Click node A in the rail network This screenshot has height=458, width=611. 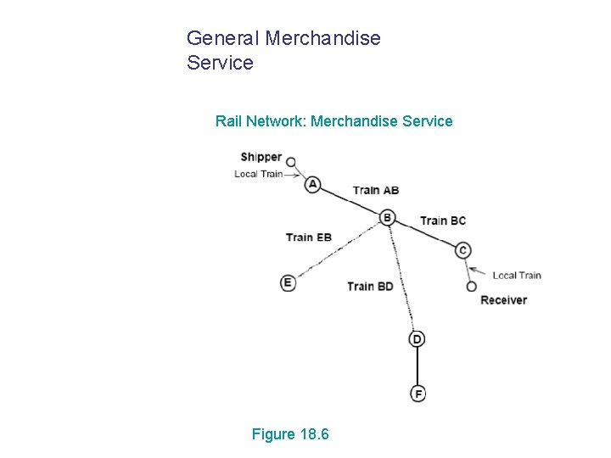point(313,184)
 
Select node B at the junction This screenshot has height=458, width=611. point(387,218)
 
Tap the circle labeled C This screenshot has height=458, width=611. point(462,250)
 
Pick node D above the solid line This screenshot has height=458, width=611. point(417,339)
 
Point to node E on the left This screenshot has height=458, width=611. point(288,282)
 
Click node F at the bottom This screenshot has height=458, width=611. point(418,394)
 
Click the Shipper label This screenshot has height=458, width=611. point(261,157)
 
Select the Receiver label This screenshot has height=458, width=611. point(503,299)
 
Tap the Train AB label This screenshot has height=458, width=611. point(375,190)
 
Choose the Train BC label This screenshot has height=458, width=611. point(443,221)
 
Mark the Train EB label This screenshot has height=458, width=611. point(309,237)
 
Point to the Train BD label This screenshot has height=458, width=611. point(370,286)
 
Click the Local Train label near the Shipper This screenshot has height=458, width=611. point(258,174)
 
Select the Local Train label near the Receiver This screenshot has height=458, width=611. point(516,275)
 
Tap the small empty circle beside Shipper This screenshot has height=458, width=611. point(290,161)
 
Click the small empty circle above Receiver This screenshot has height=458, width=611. point(472,287)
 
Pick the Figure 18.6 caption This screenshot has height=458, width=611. point(290,434)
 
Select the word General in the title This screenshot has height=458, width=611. point(223,38)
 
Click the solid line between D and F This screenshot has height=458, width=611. point(418,366)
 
